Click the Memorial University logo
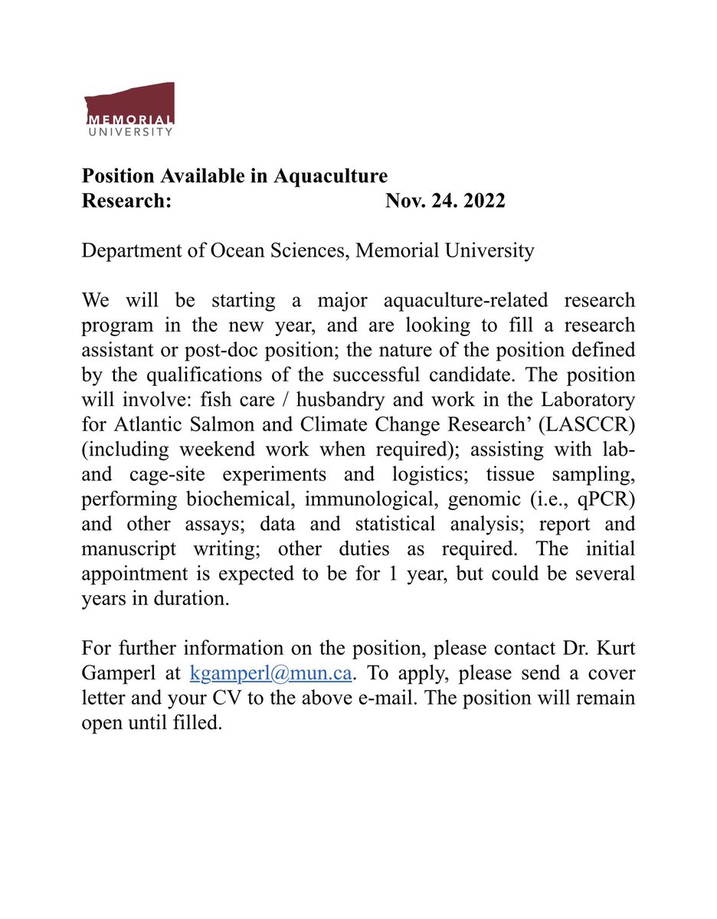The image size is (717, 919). point(129,110)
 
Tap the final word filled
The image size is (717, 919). point(202,723)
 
